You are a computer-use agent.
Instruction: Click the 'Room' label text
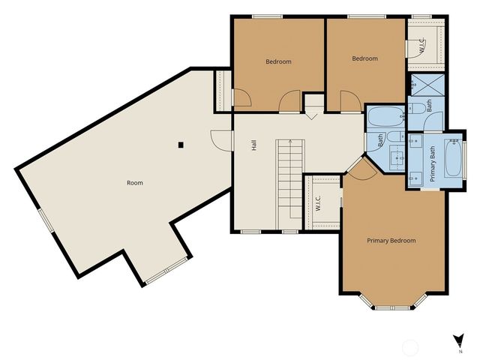coord(135,182)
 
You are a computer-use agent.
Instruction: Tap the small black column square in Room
coord(181,145)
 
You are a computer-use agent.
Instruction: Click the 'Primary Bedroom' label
coord(391,241)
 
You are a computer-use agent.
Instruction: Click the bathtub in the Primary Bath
coord(454,158)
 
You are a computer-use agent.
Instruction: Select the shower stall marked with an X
coord(425,85)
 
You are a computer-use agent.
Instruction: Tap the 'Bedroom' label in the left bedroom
coord(278,61)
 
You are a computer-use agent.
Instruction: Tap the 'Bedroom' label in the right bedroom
coord(365,58)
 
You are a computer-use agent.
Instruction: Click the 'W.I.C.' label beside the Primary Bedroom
coord(318,203)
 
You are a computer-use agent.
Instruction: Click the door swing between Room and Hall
coord(220,138)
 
